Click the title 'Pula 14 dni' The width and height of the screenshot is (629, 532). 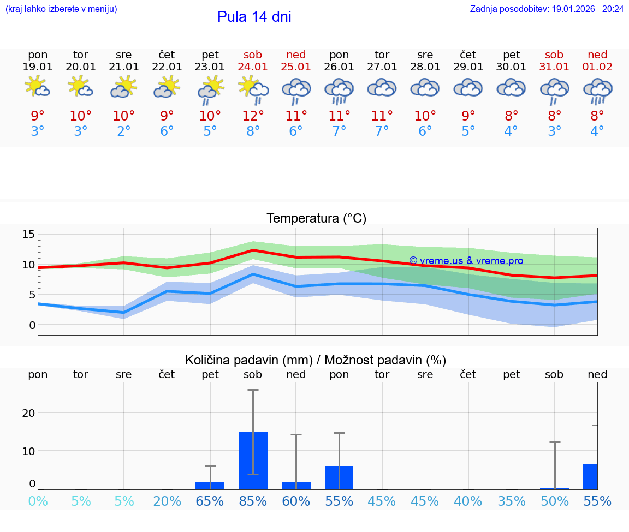pyautogui.click(x=254, y=17)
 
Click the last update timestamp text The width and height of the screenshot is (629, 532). pyautogui.click(x=547, y=9)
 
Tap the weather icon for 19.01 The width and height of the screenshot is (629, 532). pyautogui.click(x=38, y=87)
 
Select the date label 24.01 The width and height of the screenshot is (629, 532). pyautogui.click(x=253, y=67)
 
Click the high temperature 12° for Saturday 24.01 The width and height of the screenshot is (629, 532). pyautogui.click(x=253, y=116)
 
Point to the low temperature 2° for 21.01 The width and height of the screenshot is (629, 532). pyautogui.click(x=124, y=131)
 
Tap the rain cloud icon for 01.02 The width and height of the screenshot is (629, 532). pyautogui.click(x=597, y=90)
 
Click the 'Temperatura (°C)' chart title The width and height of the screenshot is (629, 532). pyautogui.click(x=316, y=219)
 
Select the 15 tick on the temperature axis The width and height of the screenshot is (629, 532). pyautogui.click(x=29, y=234)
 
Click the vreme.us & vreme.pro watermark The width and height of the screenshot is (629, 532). pyautogui.click(x=466, y=261)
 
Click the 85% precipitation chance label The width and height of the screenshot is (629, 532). pyautogui.click(x=253, y=501)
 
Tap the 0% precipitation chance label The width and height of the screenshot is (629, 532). pyautogui.click(x=38, y=501)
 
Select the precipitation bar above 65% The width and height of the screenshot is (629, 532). pyautogui.click(x=210, y=486)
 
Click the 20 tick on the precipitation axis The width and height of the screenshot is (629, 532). pyautogui.click(x=29, y=413)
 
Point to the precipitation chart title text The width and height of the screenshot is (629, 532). pyautogui.click(x=316, y=360)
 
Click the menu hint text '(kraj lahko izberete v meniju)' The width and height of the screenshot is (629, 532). pyautogui.click(x=61, y=9)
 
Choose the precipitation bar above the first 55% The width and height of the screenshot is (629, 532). pyautogui.click(x=339, y=477)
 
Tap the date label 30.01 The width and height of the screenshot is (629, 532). pyautogui.click(x=511, y=67)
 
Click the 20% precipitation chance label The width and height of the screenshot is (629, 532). pyautogui.click(x=167, y=501)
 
